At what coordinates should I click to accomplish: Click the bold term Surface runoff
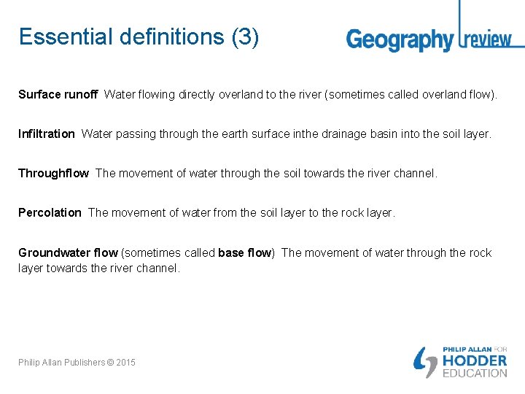tap(58, 94)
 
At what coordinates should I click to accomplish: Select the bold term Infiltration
tap(46, 134)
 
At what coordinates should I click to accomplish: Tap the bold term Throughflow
tap(53, 173)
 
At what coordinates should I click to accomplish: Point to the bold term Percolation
tap(50, 212)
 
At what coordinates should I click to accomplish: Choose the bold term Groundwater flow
tap(68, 252)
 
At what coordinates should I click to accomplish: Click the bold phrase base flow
tap(245, 252)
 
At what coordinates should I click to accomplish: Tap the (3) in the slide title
tap(245, 36)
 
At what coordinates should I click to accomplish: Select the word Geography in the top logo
tap(400, 39)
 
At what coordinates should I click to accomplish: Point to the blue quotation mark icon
tap(424, 360)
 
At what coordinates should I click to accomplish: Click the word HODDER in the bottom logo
tap(475, 360)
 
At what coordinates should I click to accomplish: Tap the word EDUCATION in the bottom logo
tap(475, 373)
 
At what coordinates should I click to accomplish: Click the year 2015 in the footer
tap(125, 363)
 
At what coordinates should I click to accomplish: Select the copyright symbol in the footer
tap(109, 363)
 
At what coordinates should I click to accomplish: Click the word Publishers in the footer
tap(82, 363)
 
